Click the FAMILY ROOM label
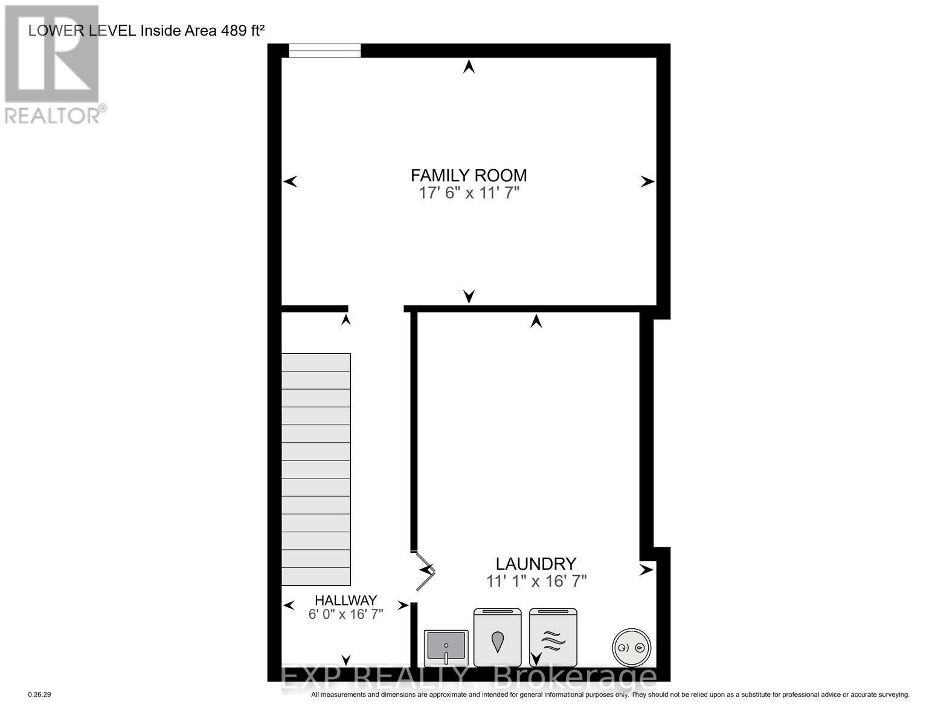pos(469,176)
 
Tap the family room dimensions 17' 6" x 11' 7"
pos(469,193)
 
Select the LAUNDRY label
pos(536,564)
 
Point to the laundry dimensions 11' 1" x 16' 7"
pos(536,581)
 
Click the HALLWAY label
pos(345,601)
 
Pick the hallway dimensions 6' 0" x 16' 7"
pos(345,614)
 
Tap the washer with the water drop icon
pos(498,637)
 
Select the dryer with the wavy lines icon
pos(553,637)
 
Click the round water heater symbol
pos(631,647)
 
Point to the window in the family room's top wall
pos(324,51)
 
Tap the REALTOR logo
pos(53,63)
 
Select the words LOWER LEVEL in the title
pos(82,31)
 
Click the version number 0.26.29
pos(40,695)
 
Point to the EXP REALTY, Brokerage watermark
pos(469,678)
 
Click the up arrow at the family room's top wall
pos(469,67)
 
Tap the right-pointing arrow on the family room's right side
pos(647,181)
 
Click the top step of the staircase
pos(316,362)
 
